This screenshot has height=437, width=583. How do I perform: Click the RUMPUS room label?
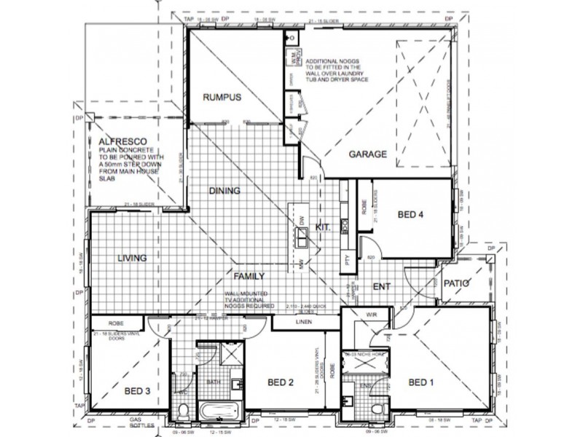coord(222,97)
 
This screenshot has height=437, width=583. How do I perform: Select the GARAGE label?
coord(367,154)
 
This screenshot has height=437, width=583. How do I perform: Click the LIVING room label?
coord(131,258)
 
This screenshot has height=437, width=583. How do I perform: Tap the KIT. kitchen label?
coord(324,227)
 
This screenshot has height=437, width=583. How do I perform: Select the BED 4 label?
coord(410,215)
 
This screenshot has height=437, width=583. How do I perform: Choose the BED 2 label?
coord(281,382)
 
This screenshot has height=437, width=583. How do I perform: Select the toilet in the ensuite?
coord(375,408)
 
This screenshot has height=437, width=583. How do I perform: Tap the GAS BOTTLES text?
coord(138,426)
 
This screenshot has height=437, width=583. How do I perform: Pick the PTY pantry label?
coord(348,259)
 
